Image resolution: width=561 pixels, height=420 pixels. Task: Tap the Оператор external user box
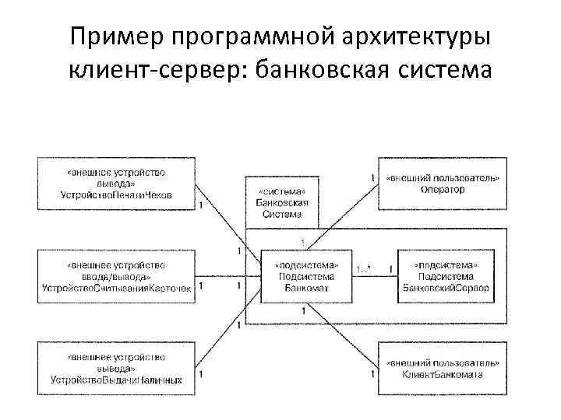pyautogui.click(x=443, y=184)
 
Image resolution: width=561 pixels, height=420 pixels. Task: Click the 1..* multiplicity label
pyautogui.click(x=363, y=269)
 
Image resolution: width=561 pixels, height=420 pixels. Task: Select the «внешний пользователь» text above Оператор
pyautogui.click(x=443, y=178)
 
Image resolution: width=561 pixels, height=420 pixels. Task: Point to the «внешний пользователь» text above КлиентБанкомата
pyautogui.click(x=443, y=362)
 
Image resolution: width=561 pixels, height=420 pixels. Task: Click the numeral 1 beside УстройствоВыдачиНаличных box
pyautogui.click(x=201, y=374)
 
